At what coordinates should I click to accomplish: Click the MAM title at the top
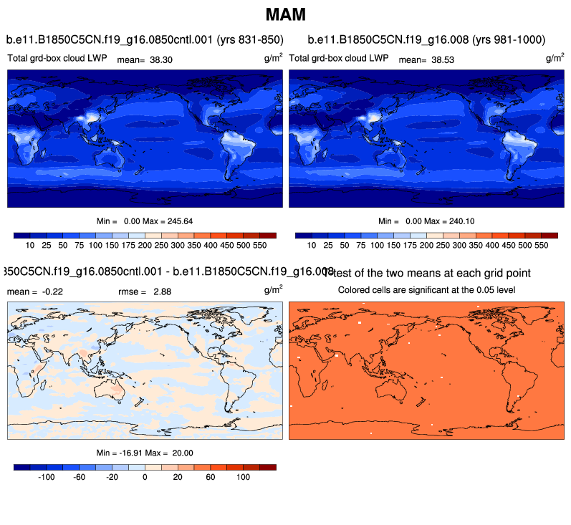(286, 14)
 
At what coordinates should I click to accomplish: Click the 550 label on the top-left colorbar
(260, 245)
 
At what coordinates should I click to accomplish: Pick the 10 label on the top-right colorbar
(312, 245)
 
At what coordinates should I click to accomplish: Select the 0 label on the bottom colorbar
(145, 476)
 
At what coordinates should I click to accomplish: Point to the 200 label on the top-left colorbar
(145, 245)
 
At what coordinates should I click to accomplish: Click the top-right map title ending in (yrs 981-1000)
(426, 39)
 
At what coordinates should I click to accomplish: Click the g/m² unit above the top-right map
(555, 58)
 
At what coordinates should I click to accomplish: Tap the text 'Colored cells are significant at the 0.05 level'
(427, 290)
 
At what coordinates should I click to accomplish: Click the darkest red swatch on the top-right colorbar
(550, 235)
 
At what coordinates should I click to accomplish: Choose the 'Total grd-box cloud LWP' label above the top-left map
(57, 57)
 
